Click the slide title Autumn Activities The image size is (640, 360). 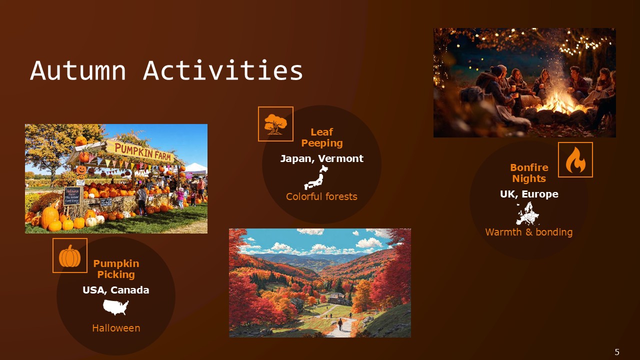tap(166, 70)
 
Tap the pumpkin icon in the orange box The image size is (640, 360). tap(70, 255)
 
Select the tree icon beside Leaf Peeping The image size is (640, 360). tap(275, 124)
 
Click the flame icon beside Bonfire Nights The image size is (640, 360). tap(575, 160)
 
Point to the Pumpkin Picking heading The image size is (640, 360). tap(116, 269)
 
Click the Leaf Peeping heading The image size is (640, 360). tap(321, 137)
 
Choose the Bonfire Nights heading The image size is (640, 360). tap(529, 173)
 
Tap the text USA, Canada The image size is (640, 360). tap(116, 290)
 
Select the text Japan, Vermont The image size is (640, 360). tap(321, 158)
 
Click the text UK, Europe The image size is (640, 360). tap(529, 194)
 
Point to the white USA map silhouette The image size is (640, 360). tap(116, 307)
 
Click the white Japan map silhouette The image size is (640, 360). tap(316, 177)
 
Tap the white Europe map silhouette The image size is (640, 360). tap(527, 213)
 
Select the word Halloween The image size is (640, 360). tap(116, 328)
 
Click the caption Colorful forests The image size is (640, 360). tap(321, 196)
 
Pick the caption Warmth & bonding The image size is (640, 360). tap(529, 232)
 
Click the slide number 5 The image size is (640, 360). tap(617, 352)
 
